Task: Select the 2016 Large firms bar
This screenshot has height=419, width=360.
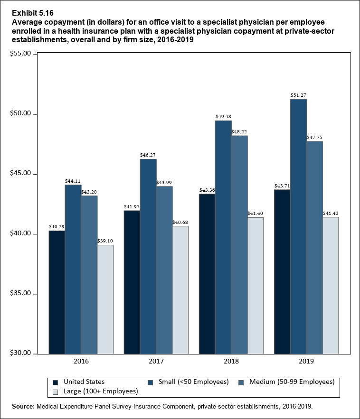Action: point(105,299)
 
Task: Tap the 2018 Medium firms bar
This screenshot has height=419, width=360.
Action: point(239,244)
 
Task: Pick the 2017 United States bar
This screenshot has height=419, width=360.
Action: point(132,282)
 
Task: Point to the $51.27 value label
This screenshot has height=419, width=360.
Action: point(298,95)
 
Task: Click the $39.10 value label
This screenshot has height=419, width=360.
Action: point(105,241)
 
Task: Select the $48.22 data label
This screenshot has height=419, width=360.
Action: point(239,132)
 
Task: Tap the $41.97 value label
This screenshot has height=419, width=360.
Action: point(132,206)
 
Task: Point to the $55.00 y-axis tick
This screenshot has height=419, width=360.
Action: point(20,54)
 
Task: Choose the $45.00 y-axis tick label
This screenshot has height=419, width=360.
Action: point(20,174)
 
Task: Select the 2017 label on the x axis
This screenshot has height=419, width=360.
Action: point(156,362)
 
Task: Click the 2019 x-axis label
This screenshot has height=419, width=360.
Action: point(306,362)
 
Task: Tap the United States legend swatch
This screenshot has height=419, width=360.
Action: point(56,382)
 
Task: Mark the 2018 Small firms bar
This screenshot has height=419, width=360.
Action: point(223,237)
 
